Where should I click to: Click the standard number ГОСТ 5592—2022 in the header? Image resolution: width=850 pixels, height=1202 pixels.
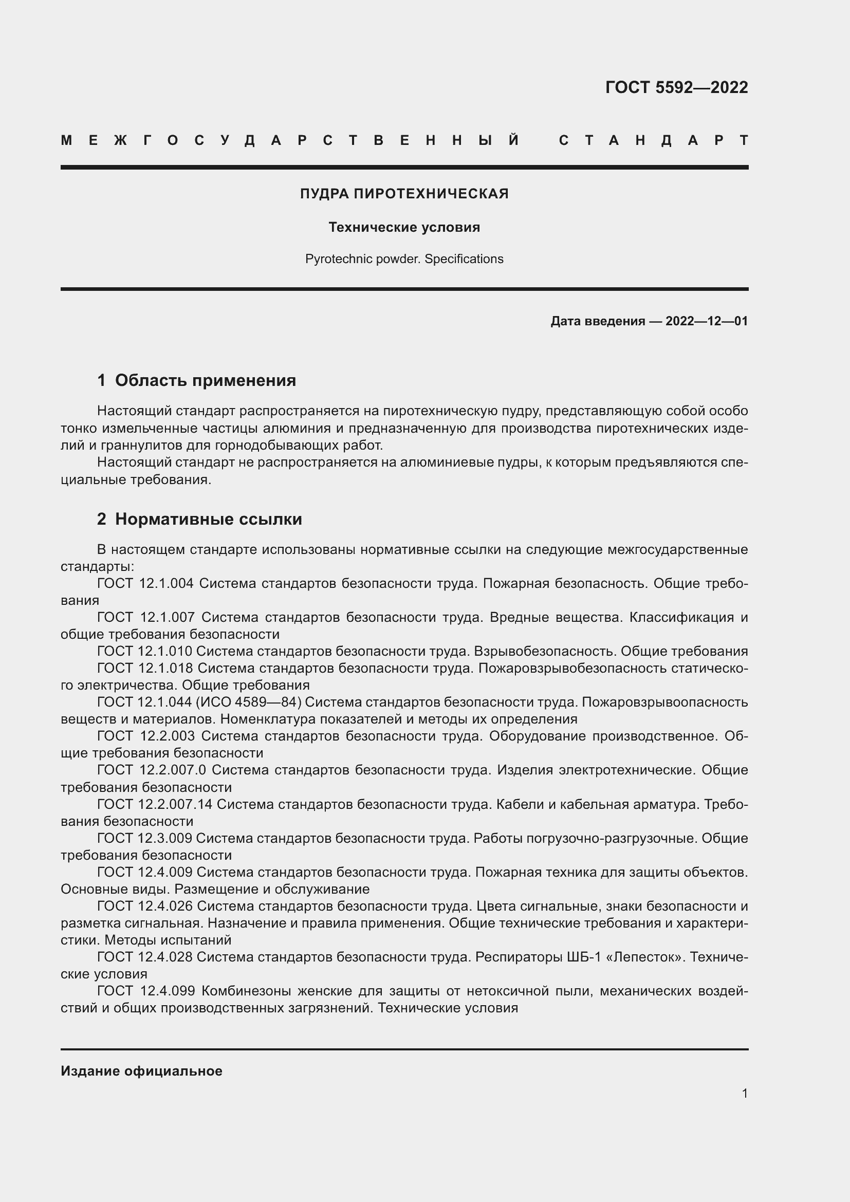coord(676,87)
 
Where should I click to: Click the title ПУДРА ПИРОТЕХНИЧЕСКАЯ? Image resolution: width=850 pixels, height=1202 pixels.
coord(404,194)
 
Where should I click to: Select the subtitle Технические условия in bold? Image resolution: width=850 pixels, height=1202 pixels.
coord(404,227)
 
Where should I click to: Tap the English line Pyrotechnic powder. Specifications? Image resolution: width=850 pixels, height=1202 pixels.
coord(404,259)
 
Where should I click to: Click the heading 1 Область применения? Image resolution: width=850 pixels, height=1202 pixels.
coord(197,381)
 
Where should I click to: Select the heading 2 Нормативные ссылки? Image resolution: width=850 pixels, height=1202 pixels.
coord(199,520)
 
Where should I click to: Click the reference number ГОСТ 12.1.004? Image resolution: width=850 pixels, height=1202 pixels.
coord(145,584)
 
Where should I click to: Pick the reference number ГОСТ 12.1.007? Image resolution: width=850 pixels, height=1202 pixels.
coord(145,618)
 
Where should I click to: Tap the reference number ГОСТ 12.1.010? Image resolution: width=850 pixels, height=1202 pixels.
coord(145,651)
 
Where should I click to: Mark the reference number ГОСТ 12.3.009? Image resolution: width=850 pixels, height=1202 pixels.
coord(145,838)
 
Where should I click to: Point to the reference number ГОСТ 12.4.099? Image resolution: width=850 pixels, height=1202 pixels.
coord(145,991)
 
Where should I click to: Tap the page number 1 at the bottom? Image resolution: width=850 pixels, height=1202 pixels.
coord(745,1094)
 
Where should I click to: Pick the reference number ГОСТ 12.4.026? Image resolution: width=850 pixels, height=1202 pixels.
coord(145,906)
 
